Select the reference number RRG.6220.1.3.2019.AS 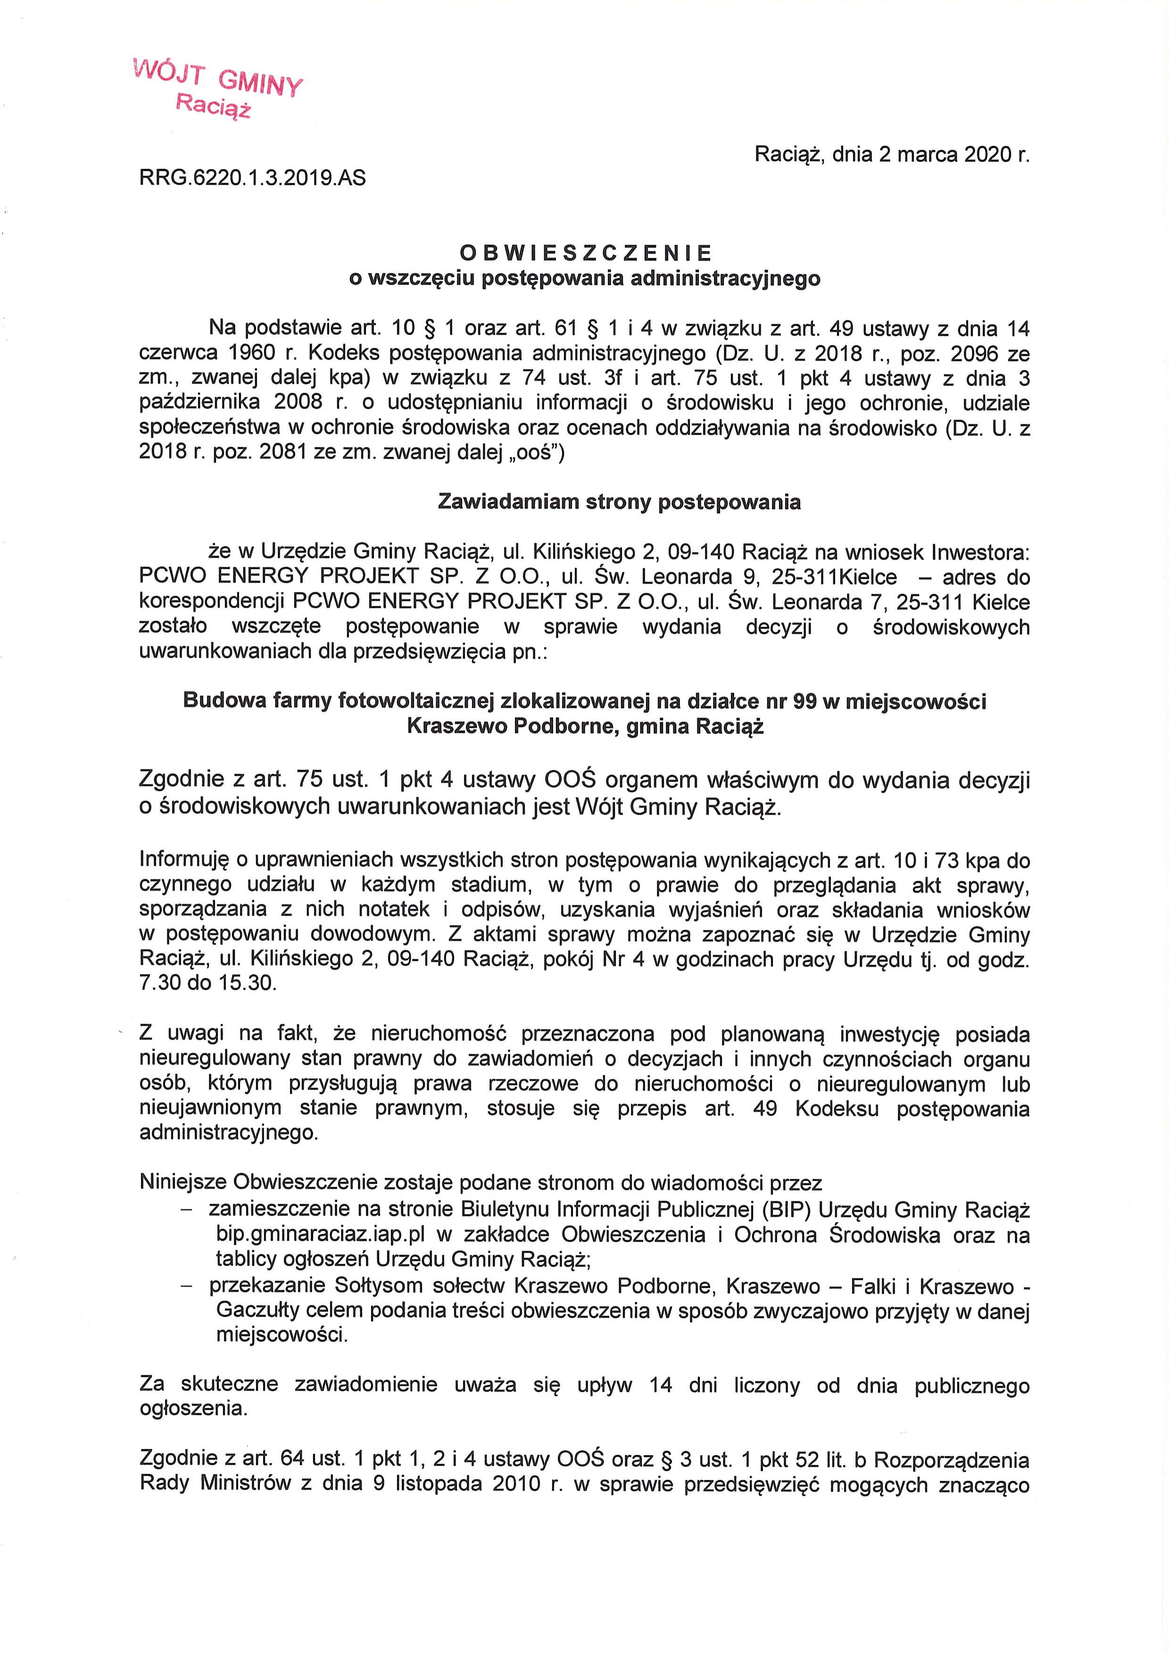point(252,178)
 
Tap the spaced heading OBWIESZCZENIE point(585,253)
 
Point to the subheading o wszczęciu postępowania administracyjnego point(584,278)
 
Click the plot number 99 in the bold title point(805,701)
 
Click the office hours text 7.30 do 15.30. point(208,983)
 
